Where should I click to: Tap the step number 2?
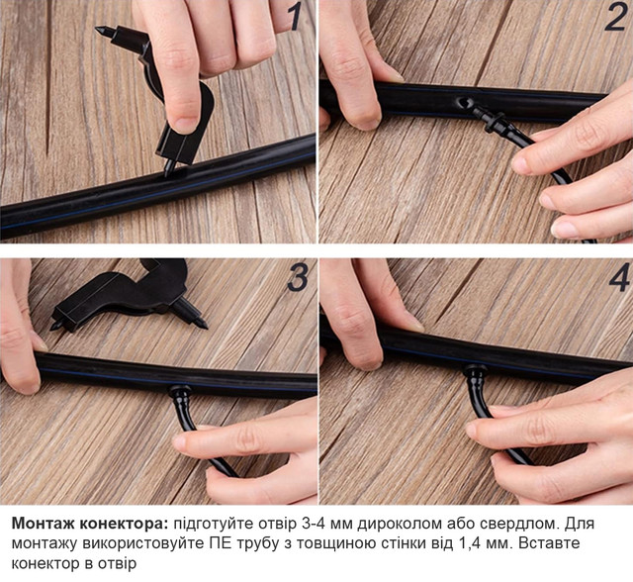point(615,18)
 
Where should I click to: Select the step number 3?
point(298,277)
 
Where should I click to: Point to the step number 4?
point(619,277)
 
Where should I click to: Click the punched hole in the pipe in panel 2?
point(463,103)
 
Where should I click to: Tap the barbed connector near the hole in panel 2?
point(490,118)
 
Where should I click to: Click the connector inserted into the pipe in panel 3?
point(180,395)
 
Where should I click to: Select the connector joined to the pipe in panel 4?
point(475,372)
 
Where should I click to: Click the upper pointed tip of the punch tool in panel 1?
point(98,29)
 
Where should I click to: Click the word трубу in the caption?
point(258,543)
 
